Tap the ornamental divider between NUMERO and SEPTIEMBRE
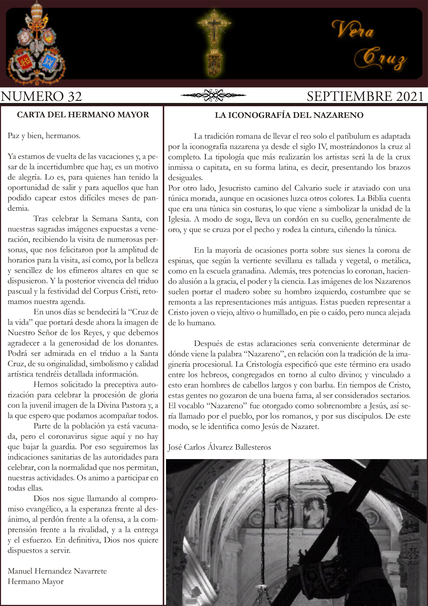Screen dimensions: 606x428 [213, 95]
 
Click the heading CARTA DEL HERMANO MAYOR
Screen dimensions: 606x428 [83, 115]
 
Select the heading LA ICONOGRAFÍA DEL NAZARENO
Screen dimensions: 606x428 [289, 115]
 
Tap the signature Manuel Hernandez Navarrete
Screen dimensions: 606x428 [57, 571]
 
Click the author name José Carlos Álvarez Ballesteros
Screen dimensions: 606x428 [219, 447]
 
